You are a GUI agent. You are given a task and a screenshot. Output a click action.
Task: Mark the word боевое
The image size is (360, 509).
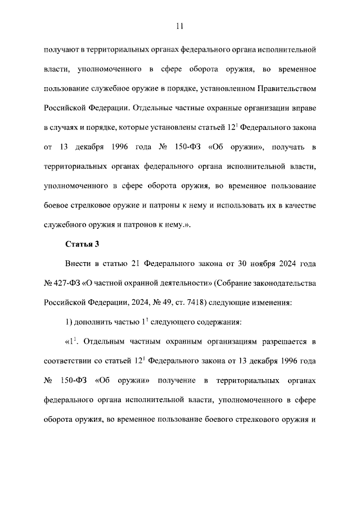coord(57,205)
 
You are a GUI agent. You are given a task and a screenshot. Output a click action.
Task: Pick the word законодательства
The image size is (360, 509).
coord(282,282)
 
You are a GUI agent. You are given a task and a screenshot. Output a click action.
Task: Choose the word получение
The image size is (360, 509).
coord(175,380)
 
